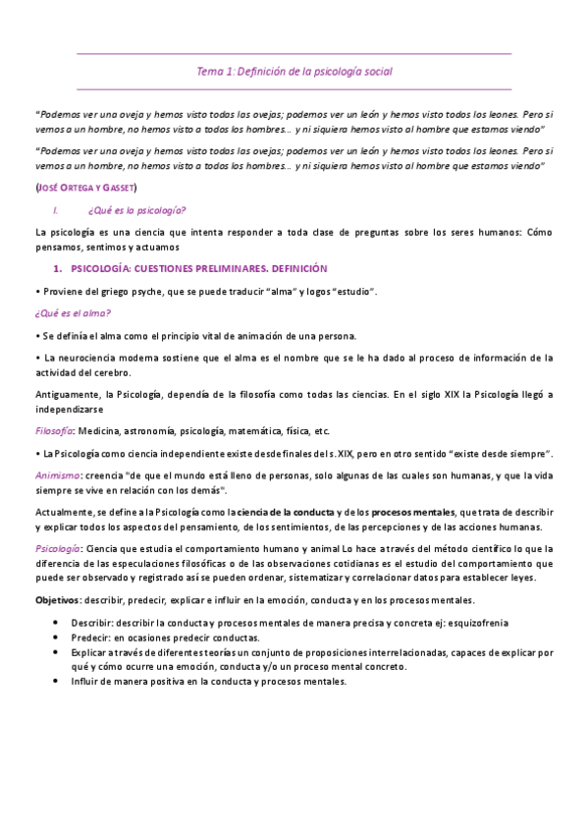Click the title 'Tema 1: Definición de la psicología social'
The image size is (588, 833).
[294, 72]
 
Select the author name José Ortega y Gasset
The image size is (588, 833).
[86, 187]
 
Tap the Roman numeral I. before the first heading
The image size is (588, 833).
[57, 209]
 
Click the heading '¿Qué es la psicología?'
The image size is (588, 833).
[137, 209]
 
